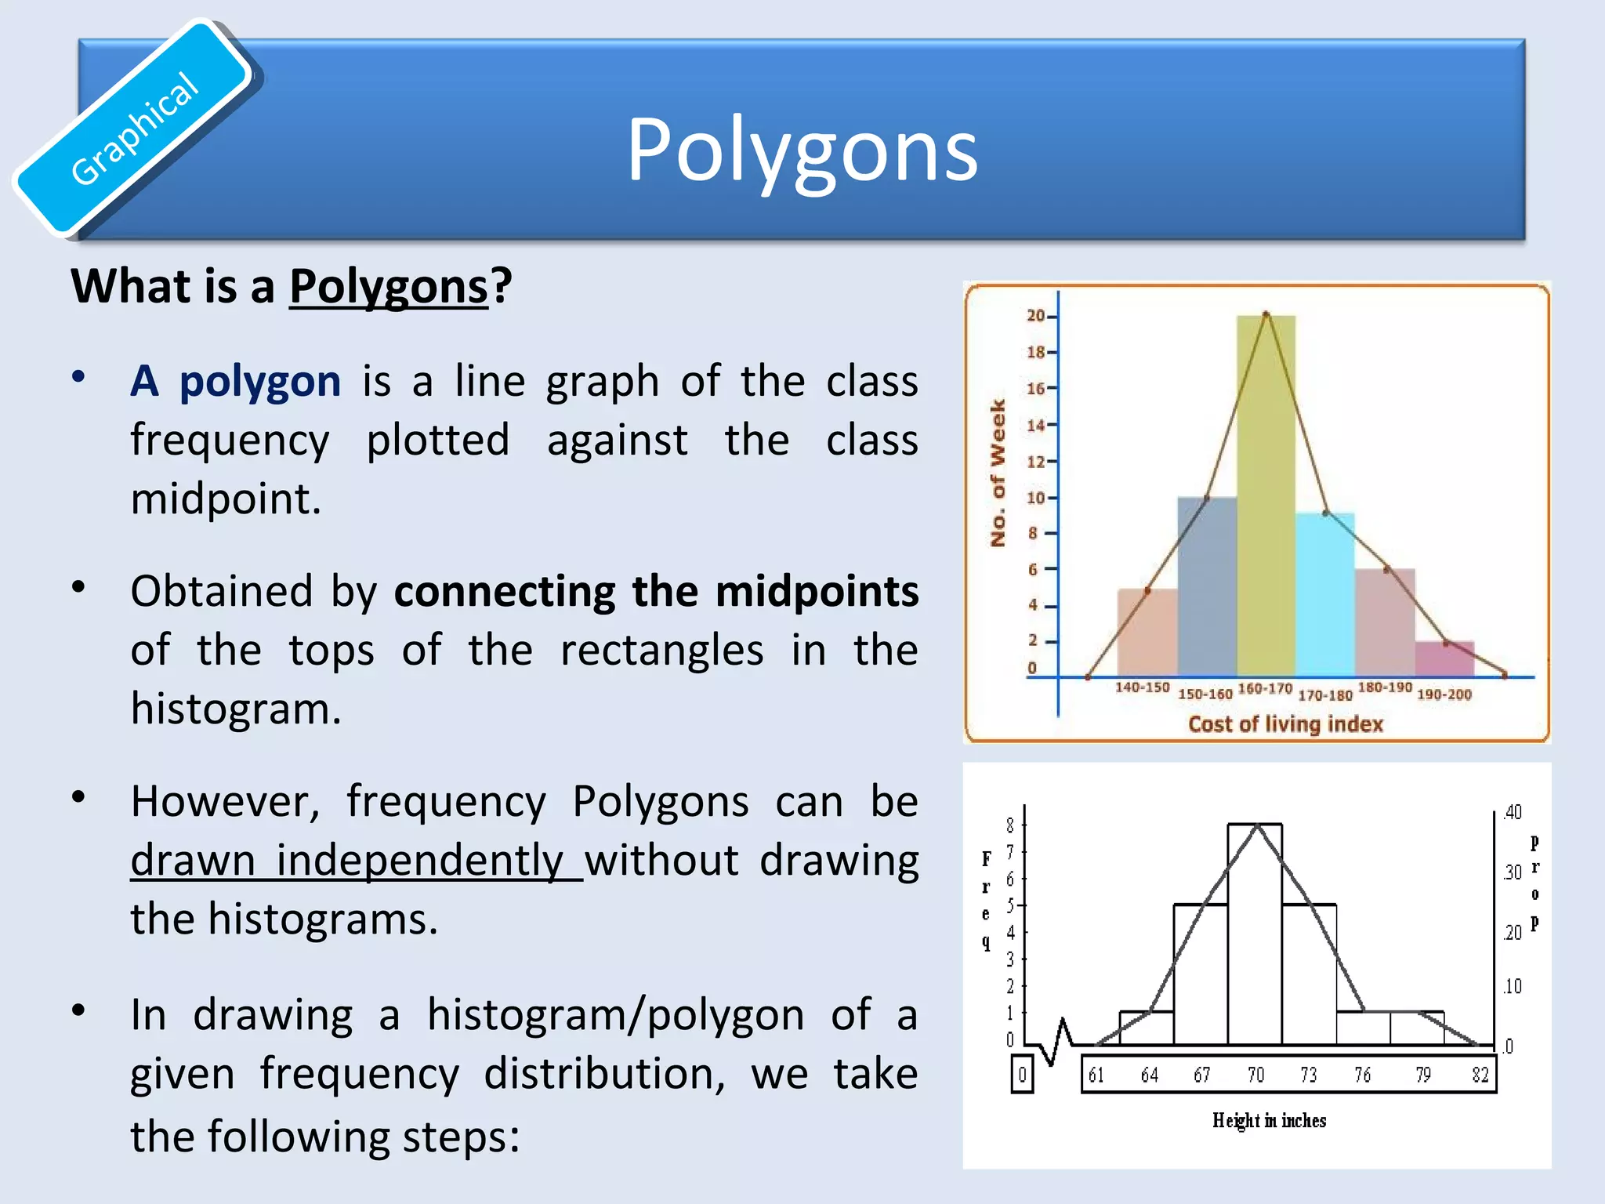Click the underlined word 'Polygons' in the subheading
(x=389, y=286)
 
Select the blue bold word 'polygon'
(x=260, y=382)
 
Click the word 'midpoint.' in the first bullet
(x=226, y=499)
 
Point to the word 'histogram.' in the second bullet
(x=236, y=709)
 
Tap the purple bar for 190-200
(x=1444, y=659)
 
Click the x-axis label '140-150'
(x=1142, y=687)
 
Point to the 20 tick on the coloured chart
(x=1037, y=316)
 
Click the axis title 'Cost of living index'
(x=1285, y=724)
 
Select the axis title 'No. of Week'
(x=998, y=473)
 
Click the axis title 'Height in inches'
(x=1269, y=1120)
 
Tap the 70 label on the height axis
(x=1255, y=1075)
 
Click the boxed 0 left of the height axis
(x=1022, y=1075)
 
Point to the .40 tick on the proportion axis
(x=1513, y=812)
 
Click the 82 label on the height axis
(x=1480, y=1075)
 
